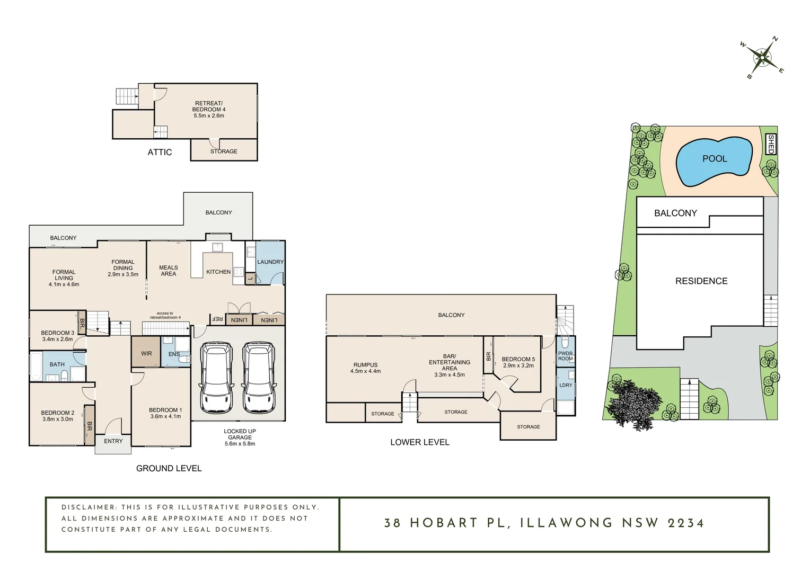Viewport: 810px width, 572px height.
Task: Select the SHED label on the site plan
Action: (771, 144)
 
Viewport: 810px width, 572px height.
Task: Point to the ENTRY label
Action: (113, 441)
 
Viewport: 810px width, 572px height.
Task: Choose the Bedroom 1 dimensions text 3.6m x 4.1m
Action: (165, 416)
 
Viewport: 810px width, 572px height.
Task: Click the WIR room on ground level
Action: (146, 353)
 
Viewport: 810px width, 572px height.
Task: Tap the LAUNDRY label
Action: (270, 262)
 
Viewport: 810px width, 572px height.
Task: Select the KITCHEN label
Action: (218, 272)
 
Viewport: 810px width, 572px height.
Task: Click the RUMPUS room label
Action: (365, 365)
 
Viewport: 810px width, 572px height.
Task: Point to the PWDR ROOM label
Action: (565, 356)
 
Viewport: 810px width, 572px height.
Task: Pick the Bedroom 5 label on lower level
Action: (518, 359)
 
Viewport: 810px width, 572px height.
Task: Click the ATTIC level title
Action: (160, 153)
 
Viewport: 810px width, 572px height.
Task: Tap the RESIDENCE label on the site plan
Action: (701, 281)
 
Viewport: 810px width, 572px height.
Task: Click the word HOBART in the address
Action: (444, 523)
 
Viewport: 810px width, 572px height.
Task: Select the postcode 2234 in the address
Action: (685, 523)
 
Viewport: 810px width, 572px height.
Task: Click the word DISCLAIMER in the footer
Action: (89, 507)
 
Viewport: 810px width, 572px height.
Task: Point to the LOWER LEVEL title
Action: (419, 442)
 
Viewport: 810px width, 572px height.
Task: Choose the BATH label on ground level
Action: (57, 364)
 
